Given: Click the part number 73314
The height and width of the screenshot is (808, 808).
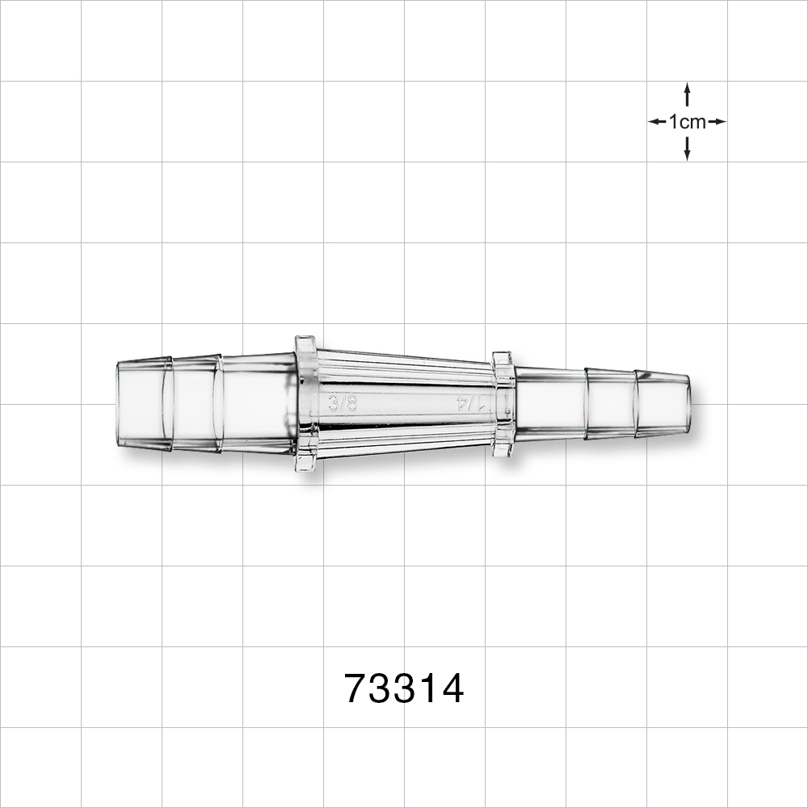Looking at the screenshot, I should [404, 689].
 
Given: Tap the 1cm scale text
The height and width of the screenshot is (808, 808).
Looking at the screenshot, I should [687, 122].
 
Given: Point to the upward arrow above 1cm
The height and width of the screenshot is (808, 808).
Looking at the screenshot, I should [687, 94].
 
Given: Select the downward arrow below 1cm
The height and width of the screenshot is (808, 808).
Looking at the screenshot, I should [687, 149].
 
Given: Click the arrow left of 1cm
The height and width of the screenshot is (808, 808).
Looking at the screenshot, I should [657, 122].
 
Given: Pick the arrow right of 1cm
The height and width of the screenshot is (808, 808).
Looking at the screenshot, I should [717, 122].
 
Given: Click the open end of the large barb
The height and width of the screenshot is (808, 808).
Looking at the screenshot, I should [119, 403].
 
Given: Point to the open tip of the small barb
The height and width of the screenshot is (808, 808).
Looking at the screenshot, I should [688, 403].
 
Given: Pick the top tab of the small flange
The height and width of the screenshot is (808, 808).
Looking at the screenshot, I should [503, 358].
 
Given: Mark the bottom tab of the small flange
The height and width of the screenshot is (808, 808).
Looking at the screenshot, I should [503, 449].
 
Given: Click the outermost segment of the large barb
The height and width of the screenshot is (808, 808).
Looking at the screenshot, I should [144, 403].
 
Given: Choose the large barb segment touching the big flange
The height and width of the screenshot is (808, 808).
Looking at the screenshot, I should [257, 403].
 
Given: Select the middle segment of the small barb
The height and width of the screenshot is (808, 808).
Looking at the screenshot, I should [610, 403].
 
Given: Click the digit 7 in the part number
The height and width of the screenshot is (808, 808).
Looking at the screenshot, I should [356, 689].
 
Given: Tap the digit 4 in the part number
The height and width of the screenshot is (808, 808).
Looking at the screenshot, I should [452, 689].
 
